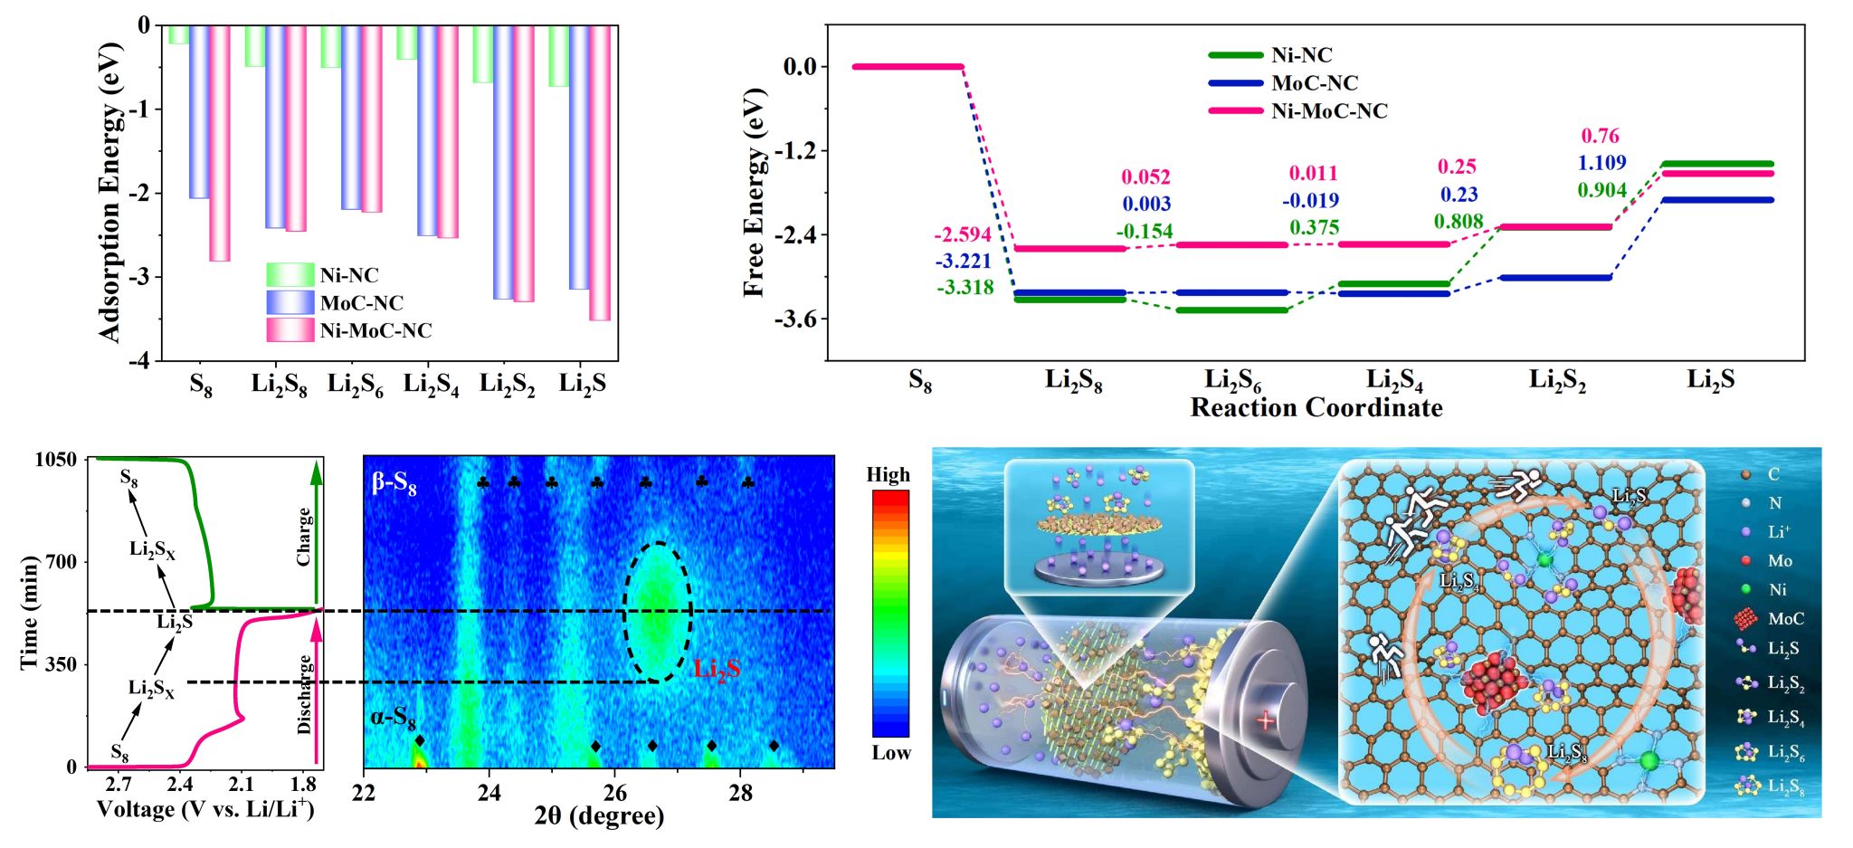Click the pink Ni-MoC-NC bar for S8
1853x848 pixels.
tap(220, 143)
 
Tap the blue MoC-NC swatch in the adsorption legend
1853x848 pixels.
tap(290, 302)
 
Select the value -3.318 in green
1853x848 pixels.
tap(965, 288)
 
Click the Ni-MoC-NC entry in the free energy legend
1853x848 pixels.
tap(1328, 111)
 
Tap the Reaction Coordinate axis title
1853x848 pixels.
tap(1316, 408)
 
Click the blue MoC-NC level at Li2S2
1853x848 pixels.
tap(1555, 278)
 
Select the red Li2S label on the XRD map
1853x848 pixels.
tap(717, 669)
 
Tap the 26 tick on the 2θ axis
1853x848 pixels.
tap(615, 794)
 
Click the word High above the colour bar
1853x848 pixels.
tap(888, 475)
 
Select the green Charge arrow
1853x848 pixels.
tap(316, 534)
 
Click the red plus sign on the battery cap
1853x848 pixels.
tap(1265, 721)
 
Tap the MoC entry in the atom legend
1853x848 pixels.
tap(1784, 619)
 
